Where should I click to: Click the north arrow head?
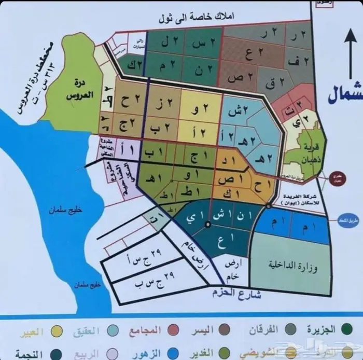tap(347, 39)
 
